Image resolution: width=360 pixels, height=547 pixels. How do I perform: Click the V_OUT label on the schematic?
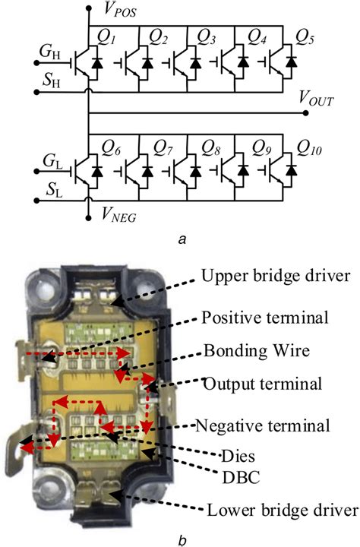(x=317, y=98)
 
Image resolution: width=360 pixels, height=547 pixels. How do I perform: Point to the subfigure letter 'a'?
(x=179, y=239)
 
